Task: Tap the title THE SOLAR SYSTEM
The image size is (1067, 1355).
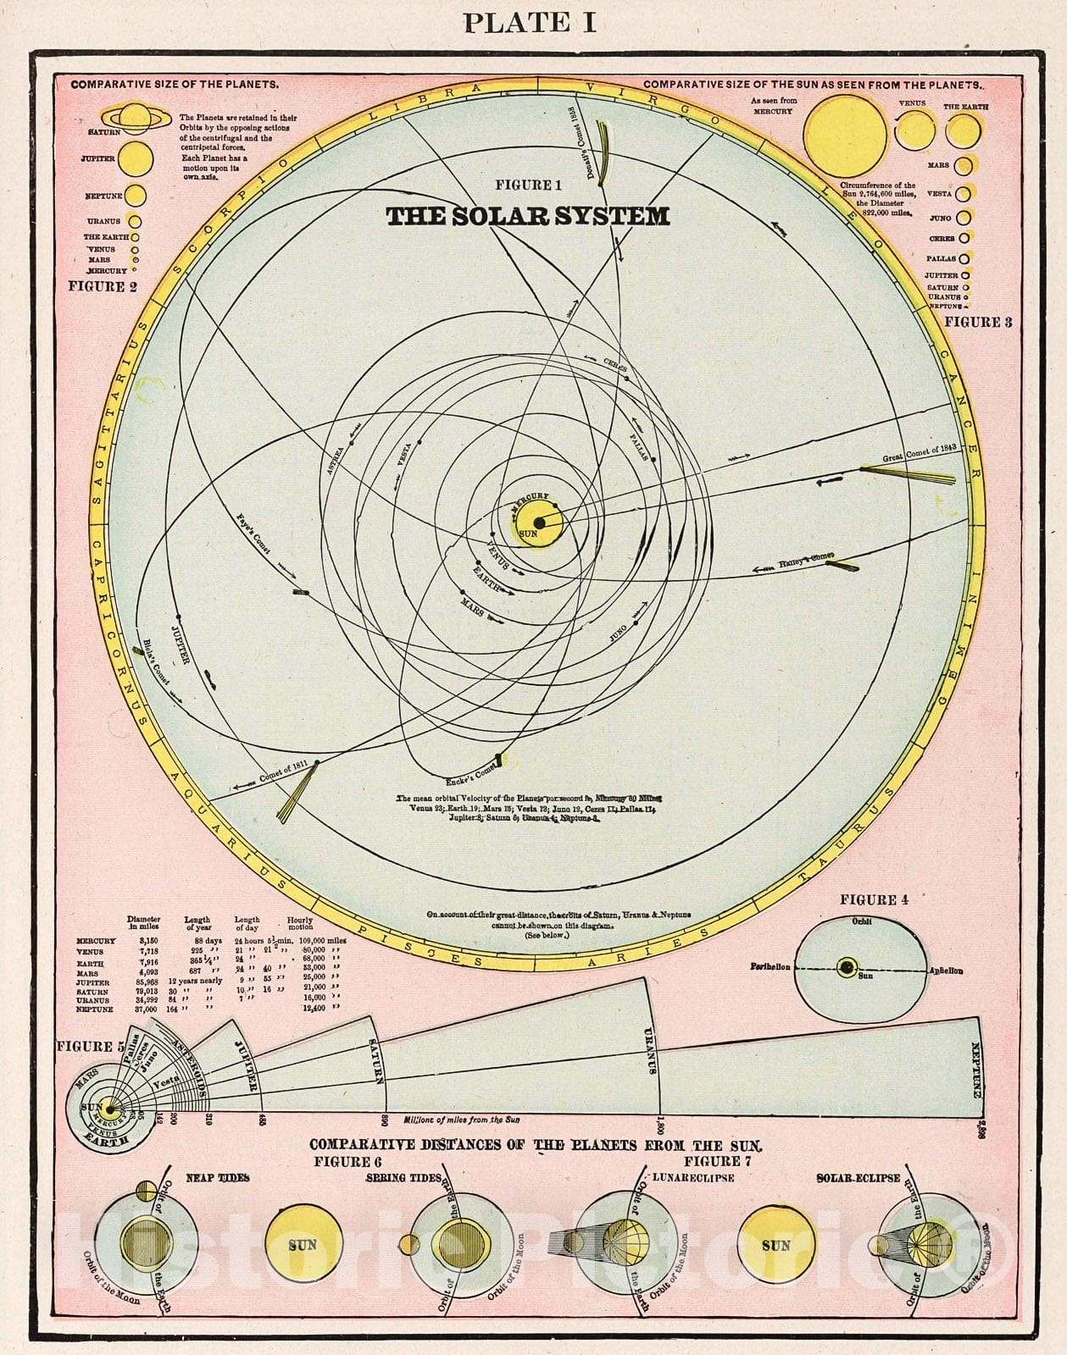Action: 528,217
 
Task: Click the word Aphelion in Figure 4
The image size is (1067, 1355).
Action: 945,971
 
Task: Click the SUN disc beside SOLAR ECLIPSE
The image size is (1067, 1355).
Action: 775,1245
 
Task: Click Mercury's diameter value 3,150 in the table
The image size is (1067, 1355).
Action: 137,941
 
